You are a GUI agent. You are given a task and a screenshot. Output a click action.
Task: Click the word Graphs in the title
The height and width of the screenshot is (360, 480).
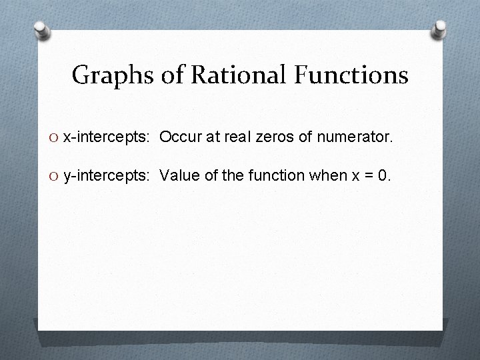(113, 76)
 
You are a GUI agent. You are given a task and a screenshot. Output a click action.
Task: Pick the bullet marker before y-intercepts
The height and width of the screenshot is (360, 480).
(55, 176)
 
